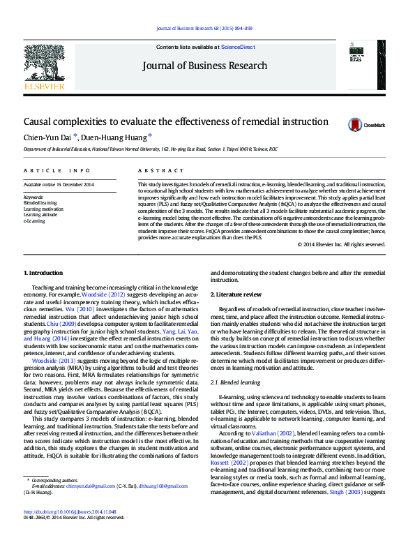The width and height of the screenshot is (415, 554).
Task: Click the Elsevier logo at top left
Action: click(x=44, y=69)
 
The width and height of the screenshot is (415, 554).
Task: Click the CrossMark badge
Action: click(x=366, y=125)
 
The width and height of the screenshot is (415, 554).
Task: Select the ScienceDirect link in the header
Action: click(x=237, y=47)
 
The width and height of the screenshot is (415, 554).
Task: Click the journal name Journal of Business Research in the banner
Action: click(x=204, y=66)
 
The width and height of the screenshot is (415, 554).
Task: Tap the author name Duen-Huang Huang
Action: click(x=116, y=137)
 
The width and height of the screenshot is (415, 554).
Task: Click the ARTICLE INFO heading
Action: click(x=57, y=170)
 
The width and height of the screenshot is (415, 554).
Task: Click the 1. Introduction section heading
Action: click(x=43, y=273)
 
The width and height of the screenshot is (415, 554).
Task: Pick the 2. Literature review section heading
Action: click(x=238, y=295)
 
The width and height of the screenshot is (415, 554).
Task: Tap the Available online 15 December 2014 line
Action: click(x=59, y=185)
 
